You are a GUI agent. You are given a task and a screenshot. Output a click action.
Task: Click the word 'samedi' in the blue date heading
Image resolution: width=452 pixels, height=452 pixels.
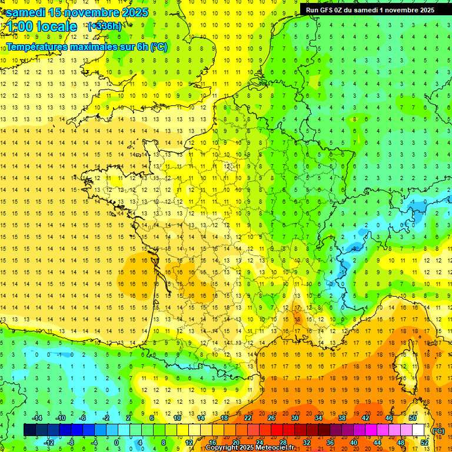click(x=26, y=12)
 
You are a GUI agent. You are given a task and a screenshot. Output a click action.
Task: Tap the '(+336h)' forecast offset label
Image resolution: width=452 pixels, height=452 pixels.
click(x=105, y=26)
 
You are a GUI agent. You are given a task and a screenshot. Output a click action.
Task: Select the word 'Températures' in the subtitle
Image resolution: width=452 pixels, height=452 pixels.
click(x=35, y=46)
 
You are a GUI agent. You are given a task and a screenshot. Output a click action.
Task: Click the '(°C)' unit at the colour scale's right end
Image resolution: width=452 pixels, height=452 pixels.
click(x=438, y=431)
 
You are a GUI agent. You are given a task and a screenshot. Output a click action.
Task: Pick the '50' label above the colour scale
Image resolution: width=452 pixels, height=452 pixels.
click(x=413, y=418)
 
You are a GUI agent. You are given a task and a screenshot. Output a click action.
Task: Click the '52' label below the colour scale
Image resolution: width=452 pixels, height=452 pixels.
click(x=424, y=443)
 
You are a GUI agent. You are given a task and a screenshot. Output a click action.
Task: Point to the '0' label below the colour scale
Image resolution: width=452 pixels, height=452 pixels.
click(x=117, y=443)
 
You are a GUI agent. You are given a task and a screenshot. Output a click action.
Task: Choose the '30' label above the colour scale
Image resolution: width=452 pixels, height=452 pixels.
click(x=295, y=418)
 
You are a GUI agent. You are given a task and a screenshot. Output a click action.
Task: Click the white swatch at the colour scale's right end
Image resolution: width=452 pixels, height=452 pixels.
click(x=418, y=430)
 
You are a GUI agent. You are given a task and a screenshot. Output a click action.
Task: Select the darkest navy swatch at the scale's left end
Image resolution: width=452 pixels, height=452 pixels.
click(x=29, y=430)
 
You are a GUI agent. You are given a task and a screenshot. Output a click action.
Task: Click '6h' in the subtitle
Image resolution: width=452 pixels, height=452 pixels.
click(x=142, y=46)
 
